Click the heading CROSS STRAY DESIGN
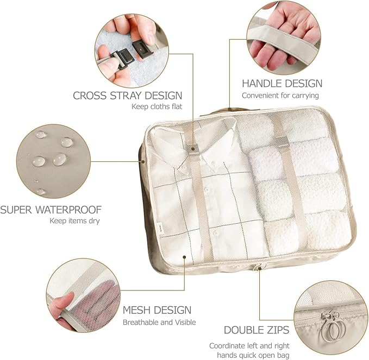[127, 96]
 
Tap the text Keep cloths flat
[157, 106]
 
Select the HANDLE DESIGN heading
[282, 83]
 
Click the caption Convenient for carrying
[280, 96]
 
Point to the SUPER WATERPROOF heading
[51, 210]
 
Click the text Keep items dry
[74, 221]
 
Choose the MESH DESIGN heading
[157, 310]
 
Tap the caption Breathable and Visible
[159, 322]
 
